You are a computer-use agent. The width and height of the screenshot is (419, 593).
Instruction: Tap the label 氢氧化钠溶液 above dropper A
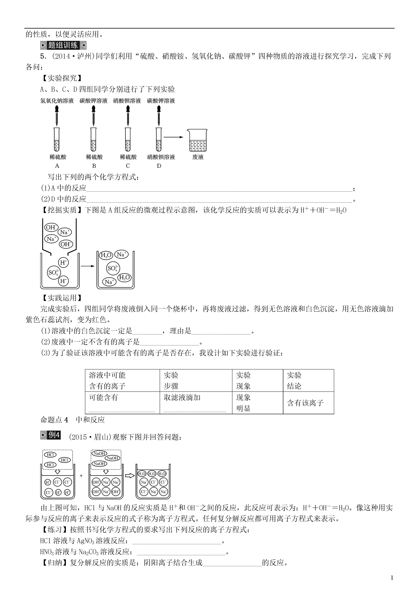pos(57,101)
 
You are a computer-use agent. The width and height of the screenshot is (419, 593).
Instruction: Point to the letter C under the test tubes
pos(128,166)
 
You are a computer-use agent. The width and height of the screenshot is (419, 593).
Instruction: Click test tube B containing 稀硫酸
pos(93,140)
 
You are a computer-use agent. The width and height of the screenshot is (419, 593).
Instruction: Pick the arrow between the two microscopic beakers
pos(88,266)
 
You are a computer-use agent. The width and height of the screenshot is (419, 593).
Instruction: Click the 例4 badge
pos(51,435)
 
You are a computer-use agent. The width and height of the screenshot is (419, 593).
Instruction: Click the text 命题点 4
pos(54,420)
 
